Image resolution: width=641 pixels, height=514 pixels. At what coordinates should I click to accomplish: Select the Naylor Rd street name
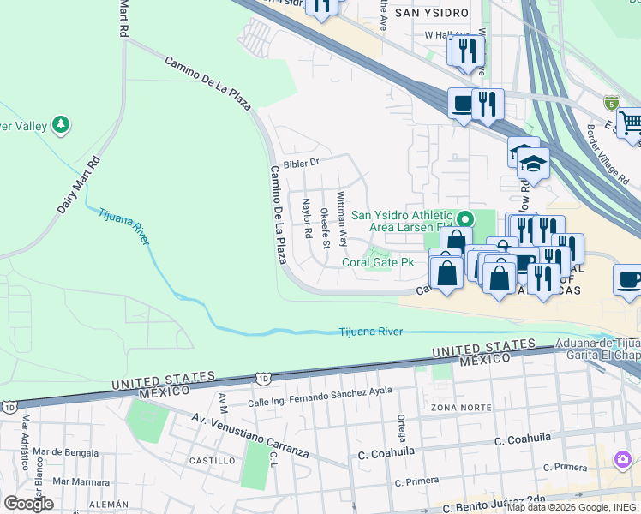[306, 219]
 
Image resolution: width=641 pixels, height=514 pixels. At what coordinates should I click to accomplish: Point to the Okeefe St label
[325, 228]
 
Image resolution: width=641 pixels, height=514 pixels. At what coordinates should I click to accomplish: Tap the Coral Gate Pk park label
[379, 263]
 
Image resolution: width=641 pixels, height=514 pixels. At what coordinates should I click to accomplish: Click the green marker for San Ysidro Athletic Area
[464, 218]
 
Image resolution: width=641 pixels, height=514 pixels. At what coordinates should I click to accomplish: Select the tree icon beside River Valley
[61, 126]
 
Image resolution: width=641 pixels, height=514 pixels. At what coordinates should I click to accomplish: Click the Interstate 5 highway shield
[611, 101]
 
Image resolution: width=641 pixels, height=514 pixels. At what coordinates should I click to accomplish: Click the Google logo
[28, 503]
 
